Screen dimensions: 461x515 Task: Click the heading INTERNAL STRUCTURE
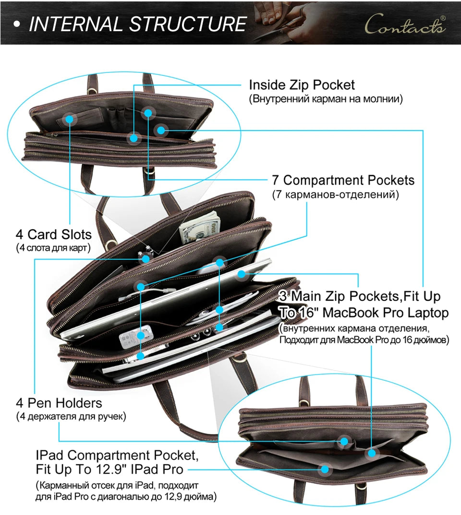point(137,24)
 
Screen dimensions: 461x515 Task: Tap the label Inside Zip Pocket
point(302,85)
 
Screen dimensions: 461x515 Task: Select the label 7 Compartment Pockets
point(343,180)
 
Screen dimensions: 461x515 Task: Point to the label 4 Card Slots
point(54,234)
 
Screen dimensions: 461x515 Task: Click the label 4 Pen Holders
point(59,403)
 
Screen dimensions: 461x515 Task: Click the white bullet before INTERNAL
point(17,25)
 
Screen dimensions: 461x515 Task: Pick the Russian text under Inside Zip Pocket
point(326,99)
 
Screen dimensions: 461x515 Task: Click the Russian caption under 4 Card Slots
point(53,247)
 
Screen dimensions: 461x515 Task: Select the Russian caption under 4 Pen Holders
point(71,417)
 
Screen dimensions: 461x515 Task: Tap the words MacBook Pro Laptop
point(386,312)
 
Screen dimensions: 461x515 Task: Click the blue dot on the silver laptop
point(242,274)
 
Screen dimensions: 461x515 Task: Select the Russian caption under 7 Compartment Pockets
point(335,194)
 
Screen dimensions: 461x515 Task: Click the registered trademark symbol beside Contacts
point(443,18)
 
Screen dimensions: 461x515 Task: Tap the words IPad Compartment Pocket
point(117,455)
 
